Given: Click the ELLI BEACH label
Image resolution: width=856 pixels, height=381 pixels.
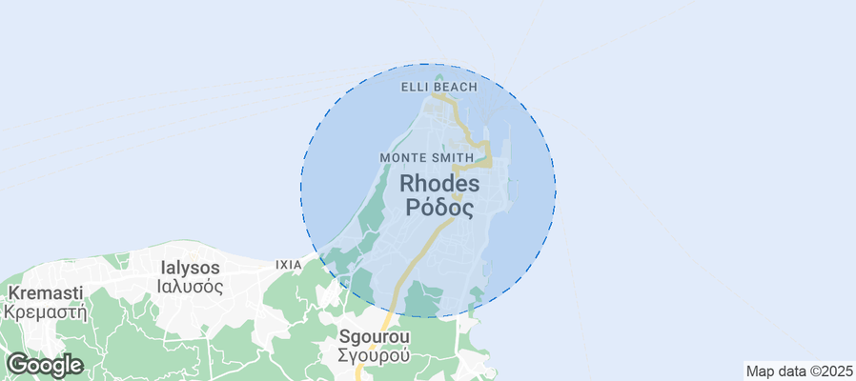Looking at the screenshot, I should [x=438, y=87].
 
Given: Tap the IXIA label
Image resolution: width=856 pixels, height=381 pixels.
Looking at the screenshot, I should [x=288, y=264].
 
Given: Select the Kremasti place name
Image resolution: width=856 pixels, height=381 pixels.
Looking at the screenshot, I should [x=45, y=292].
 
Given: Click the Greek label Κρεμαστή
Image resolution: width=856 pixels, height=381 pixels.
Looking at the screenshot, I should [x=45, y=311].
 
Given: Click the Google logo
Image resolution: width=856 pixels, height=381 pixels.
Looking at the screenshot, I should [x=44, y=365].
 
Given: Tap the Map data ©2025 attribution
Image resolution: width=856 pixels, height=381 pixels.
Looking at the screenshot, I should [x=799, y=371].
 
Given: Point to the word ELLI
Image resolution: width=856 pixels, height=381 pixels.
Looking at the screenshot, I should [x=417, y=87].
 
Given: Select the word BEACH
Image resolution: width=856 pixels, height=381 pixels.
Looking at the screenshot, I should [x=457, y=87].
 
